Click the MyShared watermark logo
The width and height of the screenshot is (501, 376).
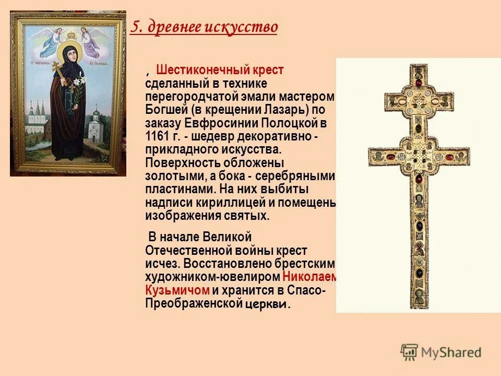click(x=442, y=352)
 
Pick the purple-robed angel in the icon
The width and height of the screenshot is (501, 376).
click(x=92, y=41)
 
